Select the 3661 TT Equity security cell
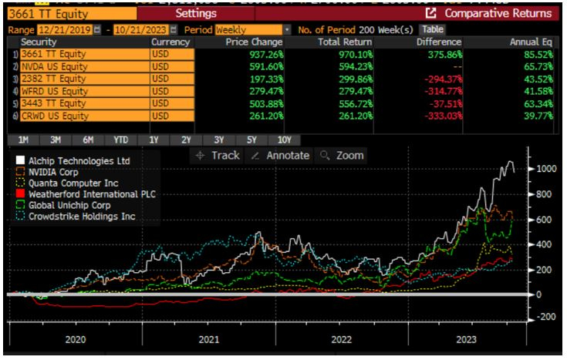(54, 54)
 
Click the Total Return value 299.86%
(351, 79)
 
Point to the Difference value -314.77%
(440, 91)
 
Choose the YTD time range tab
(120, 140)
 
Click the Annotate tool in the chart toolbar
(281, 155)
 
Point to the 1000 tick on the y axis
(548, 169)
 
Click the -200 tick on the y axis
(548, 317)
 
